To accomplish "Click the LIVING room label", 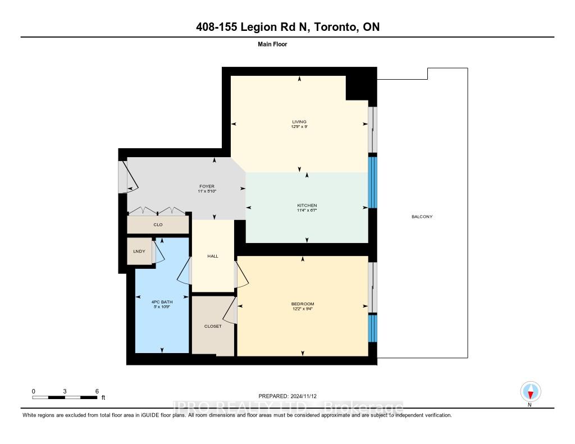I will point(299,121).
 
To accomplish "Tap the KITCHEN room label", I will point(307,205).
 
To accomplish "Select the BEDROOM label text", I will point(302,304).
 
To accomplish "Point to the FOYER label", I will point(207,186).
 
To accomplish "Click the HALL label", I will point(212,256).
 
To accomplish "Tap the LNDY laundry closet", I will point(139,251).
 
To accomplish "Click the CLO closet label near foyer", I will point(158,225).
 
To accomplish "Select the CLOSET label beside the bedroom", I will point(213,326).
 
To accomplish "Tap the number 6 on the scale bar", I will point(97,391).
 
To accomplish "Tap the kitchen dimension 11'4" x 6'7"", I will point(307,211).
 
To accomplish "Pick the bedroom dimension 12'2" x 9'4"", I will point(302,310).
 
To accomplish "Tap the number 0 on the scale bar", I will point(33,391).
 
